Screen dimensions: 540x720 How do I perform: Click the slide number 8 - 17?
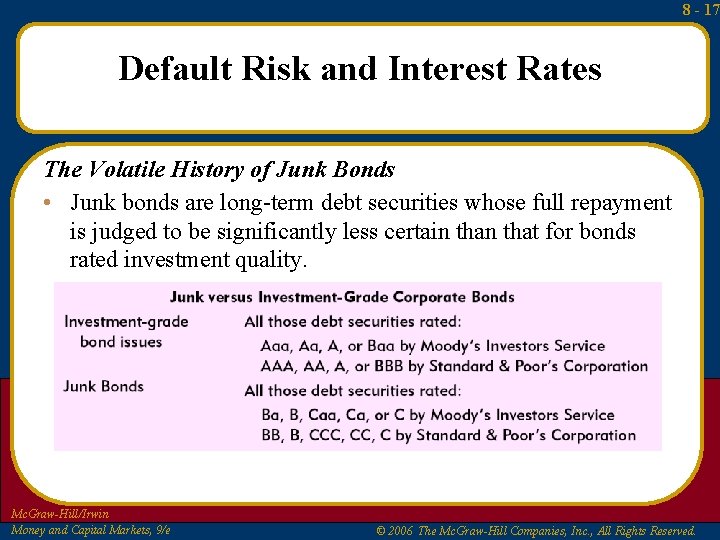point(700,10)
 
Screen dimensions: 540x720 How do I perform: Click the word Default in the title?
point(173,69)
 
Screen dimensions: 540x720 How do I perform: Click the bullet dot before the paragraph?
point(48,203)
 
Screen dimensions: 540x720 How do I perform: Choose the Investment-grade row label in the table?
point(126,321)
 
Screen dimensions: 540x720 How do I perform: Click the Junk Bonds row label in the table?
point(103,386)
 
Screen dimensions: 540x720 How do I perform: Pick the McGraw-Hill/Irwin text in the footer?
point(59,514)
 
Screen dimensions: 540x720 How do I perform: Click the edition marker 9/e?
point(160,530)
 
